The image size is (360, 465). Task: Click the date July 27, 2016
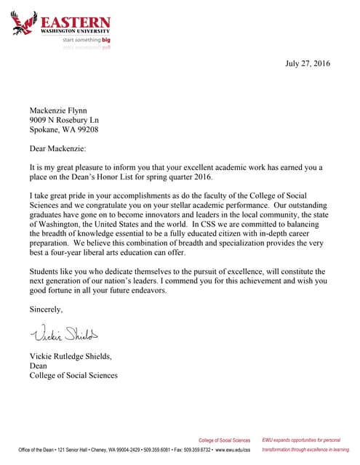(x=307, y=63)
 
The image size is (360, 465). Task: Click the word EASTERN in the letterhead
(x=76, y=22)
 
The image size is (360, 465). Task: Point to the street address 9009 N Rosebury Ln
(x=64, y=119)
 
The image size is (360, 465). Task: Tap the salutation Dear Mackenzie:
(x=57, y=148)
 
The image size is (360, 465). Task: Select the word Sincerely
(x=46, y=309)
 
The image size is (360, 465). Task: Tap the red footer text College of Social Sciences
(x=224, y=440)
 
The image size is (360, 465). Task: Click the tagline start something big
(x=87, y=41)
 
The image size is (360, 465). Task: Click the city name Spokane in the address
(x=46, y=129)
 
